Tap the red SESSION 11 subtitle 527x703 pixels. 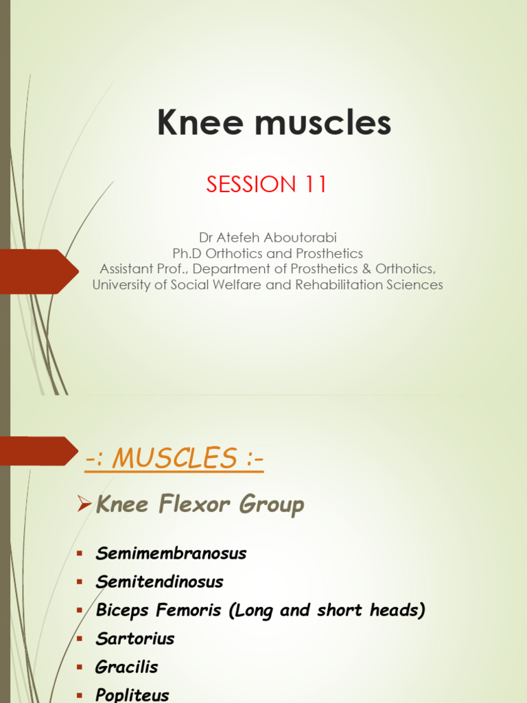[x=267, y=185]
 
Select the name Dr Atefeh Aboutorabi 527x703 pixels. [x=268, y=238]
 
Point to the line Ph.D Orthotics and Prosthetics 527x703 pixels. [x=268, y=253]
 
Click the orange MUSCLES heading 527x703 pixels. [x=174, y=459]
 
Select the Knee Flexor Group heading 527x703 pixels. [x=200, y=505]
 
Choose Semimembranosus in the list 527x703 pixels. [x=171, y=553]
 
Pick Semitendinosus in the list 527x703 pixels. [x=160, y=582]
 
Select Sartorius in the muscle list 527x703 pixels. [x=135, y=638]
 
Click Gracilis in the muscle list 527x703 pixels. [x=127, y=667]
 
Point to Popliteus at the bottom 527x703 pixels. [x=132, y=695]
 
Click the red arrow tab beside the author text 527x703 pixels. [x=38, y=271]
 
